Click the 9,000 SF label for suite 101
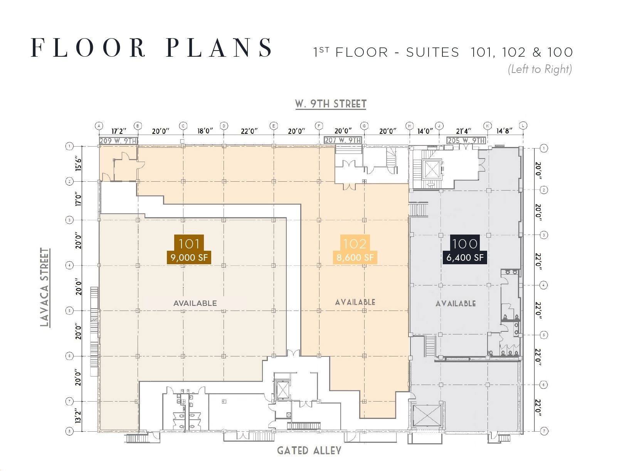189,257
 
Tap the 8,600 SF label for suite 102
355,257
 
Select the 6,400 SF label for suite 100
465,257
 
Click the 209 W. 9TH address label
118,141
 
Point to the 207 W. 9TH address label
343,140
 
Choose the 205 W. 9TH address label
466,140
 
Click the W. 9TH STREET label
331,104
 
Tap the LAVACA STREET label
45,287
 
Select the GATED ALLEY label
309,450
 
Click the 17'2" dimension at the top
119,131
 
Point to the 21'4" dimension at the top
464,131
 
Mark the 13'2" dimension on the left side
78,416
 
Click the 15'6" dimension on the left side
78,164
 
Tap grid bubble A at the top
99,126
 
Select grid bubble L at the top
523,125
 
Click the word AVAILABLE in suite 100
456,304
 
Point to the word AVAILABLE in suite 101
195,303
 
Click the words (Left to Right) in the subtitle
540,69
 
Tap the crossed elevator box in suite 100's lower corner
427,415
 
